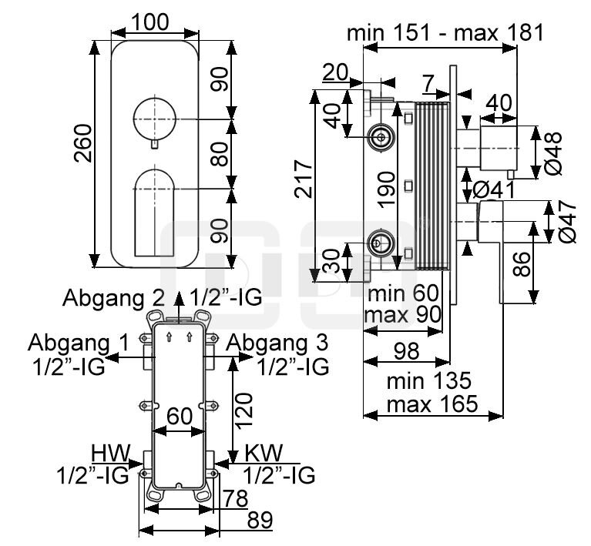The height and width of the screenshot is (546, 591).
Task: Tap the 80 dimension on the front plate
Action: pyautogui.click(x=220, y=155)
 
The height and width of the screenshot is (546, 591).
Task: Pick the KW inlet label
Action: pyautogui.click(x=263, y=451)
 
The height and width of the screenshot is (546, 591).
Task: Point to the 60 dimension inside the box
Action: pyautogui.click(x=180, y=415)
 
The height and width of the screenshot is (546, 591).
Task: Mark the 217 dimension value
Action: pyautogui.click(x=305, y=179)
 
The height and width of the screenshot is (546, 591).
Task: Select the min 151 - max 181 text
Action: pyautogui.click(x=445, y=33)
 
